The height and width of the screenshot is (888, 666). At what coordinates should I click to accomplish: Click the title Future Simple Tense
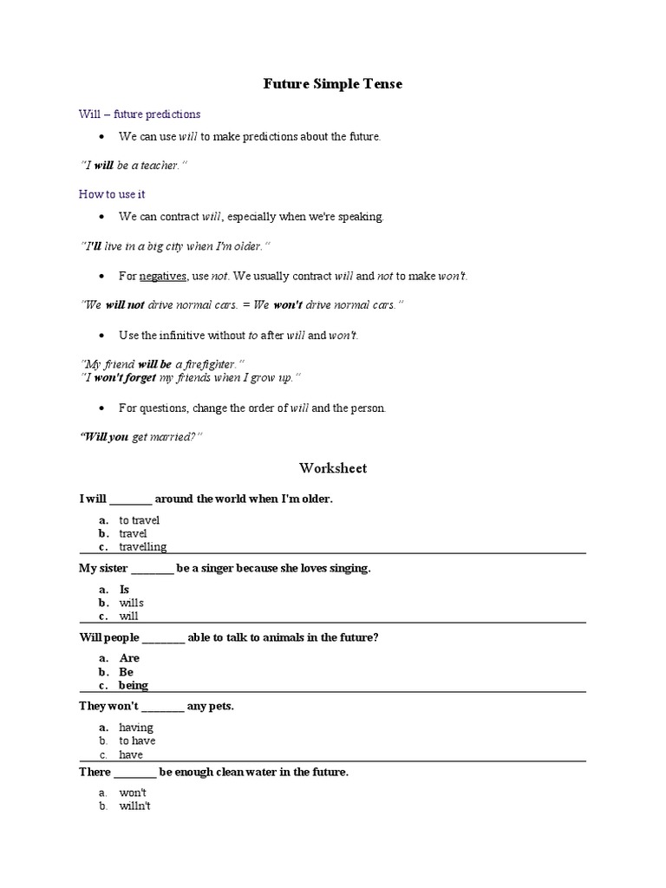[333, 84]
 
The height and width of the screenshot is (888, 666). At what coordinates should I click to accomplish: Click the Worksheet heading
[333, 468]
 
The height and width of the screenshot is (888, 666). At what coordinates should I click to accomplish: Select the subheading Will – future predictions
[140, 114]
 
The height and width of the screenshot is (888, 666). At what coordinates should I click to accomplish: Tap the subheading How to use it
[112, 194]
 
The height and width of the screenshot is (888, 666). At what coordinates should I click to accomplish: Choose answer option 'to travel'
[140, 520]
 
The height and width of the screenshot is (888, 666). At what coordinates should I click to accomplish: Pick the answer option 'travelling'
[143, 547]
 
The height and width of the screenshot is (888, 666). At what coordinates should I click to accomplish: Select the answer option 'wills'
[132, 603]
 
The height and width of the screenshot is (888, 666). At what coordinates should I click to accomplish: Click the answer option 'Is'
[124, 589]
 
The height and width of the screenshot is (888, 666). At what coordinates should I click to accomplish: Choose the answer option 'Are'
[129, 658]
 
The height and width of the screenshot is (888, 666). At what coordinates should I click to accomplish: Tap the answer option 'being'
[134, 685]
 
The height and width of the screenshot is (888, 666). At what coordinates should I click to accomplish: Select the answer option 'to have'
[137, 741]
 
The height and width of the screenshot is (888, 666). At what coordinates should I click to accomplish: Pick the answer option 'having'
[136, 728]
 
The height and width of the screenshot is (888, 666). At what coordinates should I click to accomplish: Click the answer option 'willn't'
[136, 806]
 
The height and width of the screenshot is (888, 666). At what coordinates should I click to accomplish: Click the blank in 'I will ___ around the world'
[132, 500]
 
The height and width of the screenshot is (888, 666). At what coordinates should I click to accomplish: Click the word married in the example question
[176, 438]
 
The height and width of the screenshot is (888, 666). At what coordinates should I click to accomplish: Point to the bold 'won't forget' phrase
[130, 377]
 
